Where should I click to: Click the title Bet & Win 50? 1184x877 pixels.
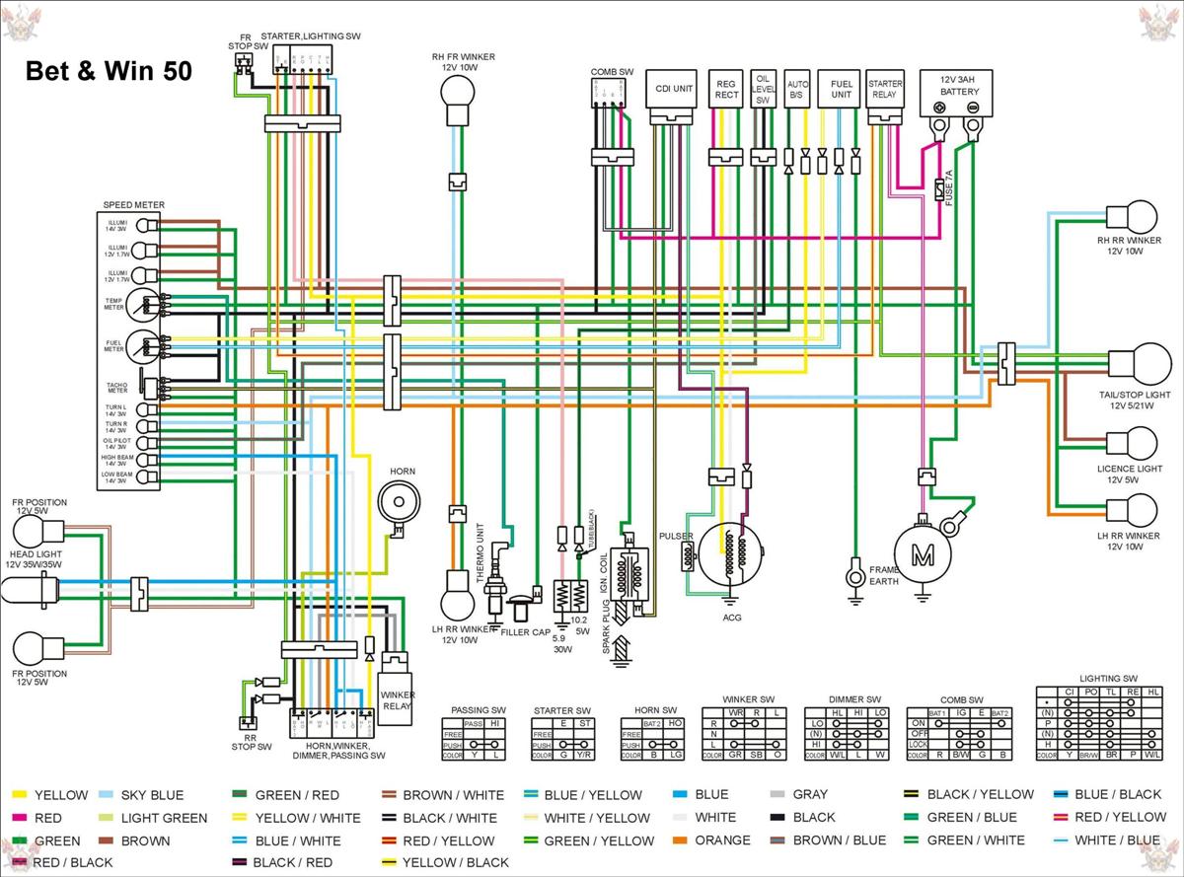108,72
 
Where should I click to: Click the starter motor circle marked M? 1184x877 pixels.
922,555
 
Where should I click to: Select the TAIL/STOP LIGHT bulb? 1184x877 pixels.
1139,364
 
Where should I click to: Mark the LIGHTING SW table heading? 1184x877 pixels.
1108,679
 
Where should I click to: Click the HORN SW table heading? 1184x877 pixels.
655,710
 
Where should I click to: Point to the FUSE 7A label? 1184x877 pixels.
950,186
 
